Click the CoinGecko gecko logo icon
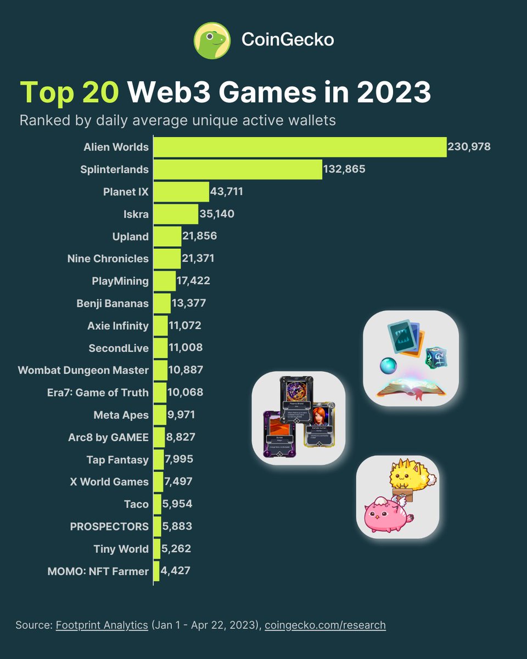point(212,40)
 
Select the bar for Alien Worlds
point(299,147)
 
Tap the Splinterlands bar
point(237,170)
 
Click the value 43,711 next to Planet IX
point(226,192)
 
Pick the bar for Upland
point(167,237)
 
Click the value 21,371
point(198,259)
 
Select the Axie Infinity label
point(117,326)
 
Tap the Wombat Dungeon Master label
point(83,370)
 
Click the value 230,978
point(469,147)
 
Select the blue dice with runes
point(437,357)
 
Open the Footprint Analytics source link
point(102,625)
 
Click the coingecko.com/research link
point(325,625)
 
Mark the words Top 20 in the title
point(69,93)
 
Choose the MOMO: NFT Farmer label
point(98,571)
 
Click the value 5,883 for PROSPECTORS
point(177,526)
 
